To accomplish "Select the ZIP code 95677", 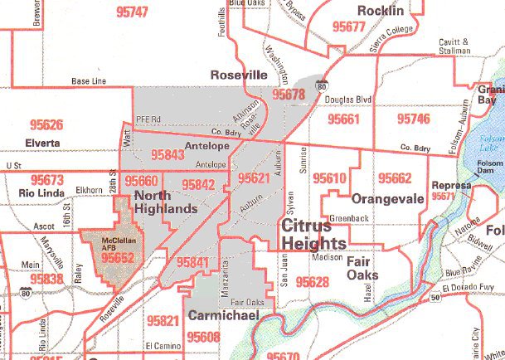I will point(348,27).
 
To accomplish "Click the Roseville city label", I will point(239,74).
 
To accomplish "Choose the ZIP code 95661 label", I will point(343,119).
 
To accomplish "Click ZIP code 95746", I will point(414,119).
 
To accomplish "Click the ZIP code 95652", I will point(118,258).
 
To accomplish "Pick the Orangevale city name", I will point(387,199).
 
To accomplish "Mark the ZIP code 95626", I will point(45,125).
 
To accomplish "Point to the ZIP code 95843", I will point(168,155).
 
